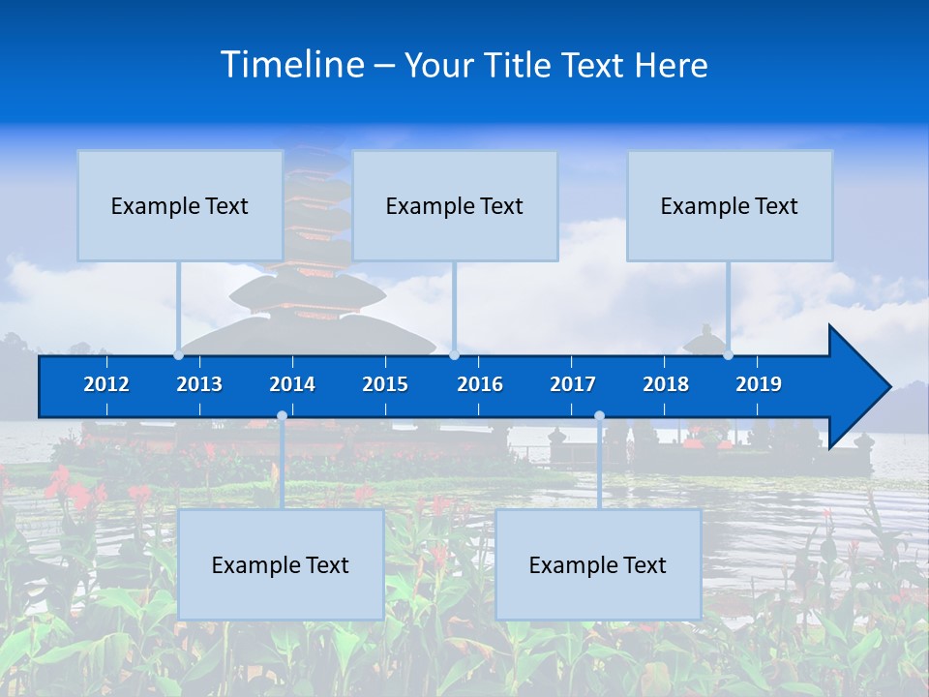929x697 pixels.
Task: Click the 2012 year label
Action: pyautogui.click(x=106, y=384)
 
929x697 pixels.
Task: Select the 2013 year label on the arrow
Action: pyautogui.click(x=199, y=384)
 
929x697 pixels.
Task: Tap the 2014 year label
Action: pyautogui.click(x=292, y=384)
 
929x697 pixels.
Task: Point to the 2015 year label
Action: pyautogui.click(x=385, y=384)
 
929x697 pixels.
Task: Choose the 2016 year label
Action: pyautogui.click(x=480, y=384)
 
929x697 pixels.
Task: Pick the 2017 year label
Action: pyautogui.click(x=573, y=384)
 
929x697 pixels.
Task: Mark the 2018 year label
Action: pyautogui.click(x=666, y=384)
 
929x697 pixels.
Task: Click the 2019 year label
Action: pyautogui.click(x=759, y=384)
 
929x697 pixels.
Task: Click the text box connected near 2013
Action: pyautogui.click(x=180, y=205)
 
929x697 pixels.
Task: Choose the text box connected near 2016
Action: pyautogui.click(x=455, y=205)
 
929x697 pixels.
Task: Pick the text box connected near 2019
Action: pyautogui.click(x=730, y=205)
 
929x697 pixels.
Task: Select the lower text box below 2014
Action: pyautogui.click(x=281, y=564)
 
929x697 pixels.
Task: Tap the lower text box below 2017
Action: pyautogui.click(x=598, y=564)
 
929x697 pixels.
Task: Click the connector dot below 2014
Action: pyautogui.click(x=282, y=416)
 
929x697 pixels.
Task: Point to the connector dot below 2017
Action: pyautogui.click(x=599, y=416)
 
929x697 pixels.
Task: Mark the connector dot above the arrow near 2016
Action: pyautogui.click(x=454, y=354)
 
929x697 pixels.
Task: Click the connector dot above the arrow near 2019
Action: pyautogui.click(x=728, y=354)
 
